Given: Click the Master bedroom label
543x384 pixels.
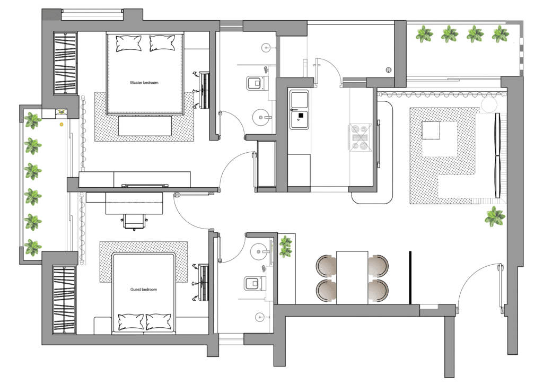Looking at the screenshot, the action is pos(144,82).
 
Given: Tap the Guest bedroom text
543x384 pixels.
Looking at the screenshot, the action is pos(144,289).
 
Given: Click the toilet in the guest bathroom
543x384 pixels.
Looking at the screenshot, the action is pos(255,284).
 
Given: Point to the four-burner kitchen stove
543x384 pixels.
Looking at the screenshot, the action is pos(359,137).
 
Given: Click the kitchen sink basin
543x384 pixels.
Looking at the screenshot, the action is pos(299,99).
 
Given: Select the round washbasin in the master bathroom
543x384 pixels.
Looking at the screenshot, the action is pos(261,117).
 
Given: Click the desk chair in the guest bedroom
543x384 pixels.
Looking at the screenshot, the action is pos(134,222).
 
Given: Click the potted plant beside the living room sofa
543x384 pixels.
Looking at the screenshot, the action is pos(495,216).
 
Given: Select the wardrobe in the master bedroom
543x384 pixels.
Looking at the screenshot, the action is pos(65,63).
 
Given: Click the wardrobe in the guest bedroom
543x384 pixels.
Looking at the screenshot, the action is pos(64,300).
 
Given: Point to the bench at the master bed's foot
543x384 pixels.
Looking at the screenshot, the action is pos(145,126).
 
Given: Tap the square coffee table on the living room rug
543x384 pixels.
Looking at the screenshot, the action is pos(431,130).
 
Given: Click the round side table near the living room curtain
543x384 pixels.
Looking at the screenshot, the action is pos(488,104).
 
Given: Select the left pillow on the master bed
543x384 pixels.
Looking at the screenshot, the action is pos(128,43).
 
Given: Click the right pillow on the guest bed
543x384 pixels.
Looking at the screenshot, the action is pos(159,321).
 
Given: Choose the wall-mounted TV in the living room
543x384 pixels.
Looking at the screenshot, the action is pos(497,155).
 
